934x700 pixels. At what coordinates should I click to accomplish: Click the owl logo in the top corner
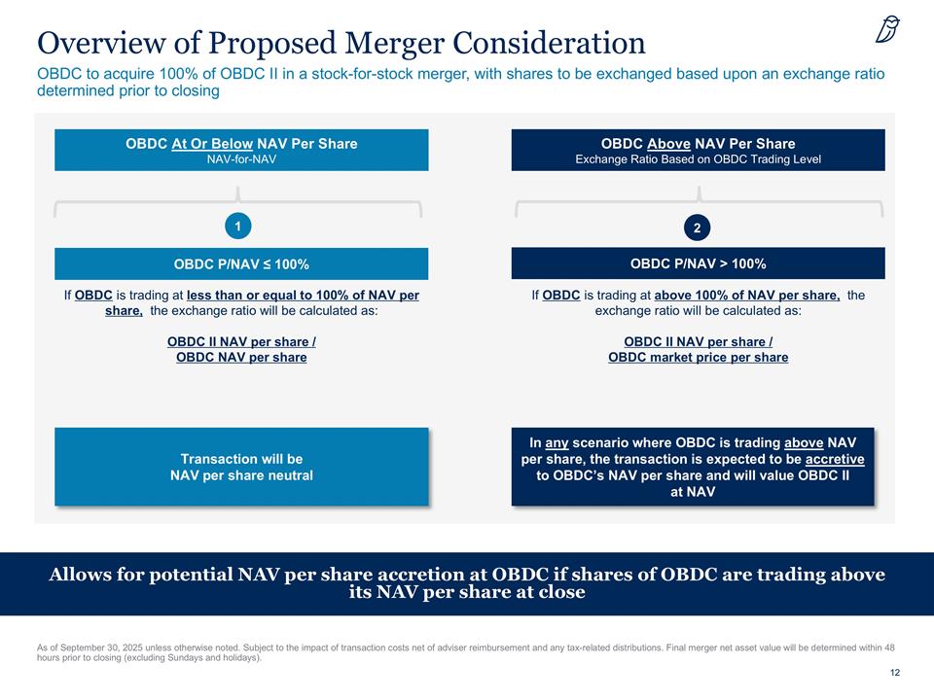887,31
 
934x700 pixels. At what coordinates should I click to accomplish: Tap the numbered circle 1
237,226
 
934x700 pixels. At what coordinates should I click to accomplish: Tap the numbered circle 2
697,227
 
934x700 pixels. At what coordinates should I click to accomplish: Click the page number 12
894,674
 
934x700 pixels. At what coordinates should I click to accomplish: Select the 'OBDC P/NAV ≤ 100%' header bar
241,264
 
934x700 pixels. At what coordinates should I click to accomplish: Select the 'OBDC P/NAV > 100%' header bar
698,263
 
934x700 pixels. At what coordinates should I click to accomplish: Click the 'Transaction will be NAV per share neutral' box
241,467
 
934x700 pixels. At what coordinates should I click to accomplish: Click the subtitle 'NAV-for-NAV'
241,159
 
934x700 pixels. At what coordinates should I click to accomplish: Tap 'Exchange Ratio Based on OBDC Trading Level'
698,159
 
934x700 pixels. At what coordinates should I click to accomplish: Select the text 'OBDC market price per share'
698,358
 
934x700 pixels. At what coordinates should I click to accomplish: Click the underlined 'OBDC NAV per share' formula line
241,358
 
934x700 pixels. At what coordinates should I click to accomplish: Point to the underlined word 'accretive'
835,459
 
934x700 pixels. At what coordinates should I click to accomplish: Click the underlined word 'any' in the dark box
557,442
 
